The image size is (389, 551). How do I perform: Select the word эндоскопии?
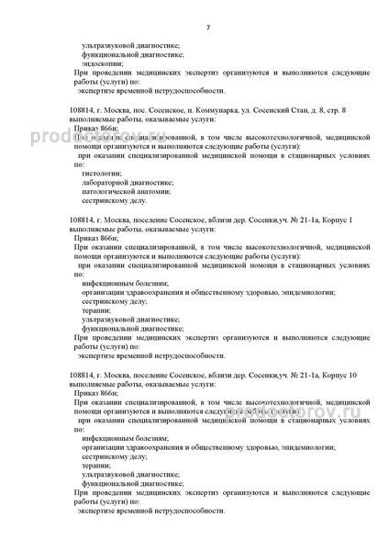(101, 62)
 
